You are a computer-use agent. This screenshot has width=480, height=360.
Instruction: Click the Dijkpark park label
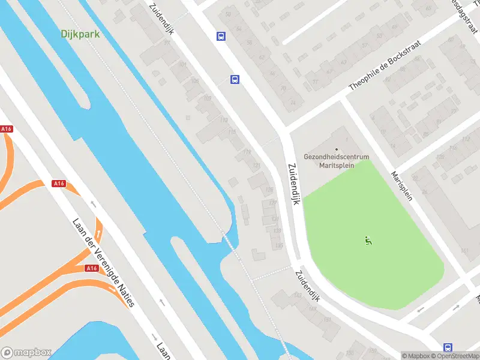pos(80,34)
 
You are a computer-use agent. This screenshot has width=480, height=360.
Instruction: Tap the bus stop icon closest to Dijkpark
pos(221,36)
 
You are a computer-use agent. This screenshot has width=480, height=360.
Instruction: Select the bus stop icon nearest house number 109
pos(235,79)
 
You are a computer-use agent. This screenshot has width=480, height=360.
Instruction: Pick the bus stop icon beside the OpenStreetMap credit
pos(448,347)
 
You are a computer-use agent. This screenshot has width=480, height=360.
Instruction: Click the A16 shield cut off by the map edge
pos(6,129)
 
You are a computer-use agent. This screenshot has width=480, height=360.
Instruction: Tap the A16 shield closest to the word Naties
pos(92,268)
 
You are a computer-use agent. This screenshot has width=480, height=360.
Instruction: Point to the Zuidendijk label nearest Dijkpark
pos(162,18)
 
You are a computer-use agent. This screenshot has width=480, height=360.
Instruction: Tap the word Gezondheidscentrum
pos(337,157)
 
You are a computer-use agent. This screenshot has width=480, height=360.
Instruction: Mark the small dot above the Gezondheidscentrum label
pos(337,149)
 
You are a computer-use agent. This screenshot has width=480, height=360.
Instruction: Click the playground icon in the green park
pos(368,241)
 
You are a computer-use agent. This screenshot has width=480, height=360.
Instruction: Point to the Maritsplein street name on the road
pos(401,186)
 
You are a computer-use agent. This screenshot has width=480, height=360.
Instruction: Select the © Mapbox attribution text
pos(415,356)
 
